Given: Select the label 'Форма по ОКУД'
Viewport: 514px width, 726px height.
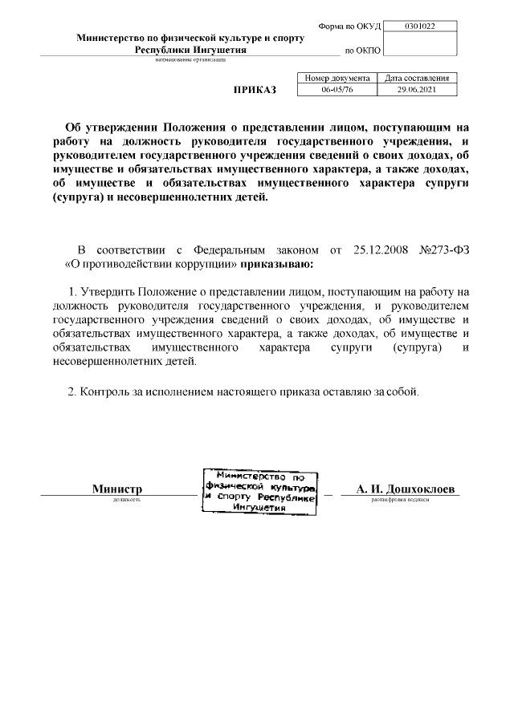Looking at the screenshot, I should click(x=350, y=26).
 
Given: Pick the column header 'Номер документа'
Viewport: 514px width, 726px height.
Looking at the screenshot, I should click(x=337, y=79).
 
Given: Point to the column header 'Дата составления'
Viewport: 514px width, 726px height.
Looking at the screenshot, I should click(x=422, y=79).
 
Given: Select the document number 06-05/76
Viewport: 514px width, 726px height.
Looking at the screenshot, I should click(x=337, y=90).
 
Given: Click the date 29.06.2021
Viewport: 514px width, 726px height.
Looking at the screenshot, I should click(x=422, y=90).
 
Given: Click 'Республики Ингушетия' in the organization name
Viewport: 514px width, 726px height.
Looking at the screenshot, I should click(x=190, y=50).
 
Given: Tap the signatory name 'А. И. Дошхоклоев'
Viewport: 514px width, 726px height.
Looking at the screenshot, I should click(x=400, y=489).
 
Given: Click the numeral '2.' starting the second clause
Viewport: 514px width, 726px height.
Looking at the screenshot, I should click(x=71, y=392).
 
